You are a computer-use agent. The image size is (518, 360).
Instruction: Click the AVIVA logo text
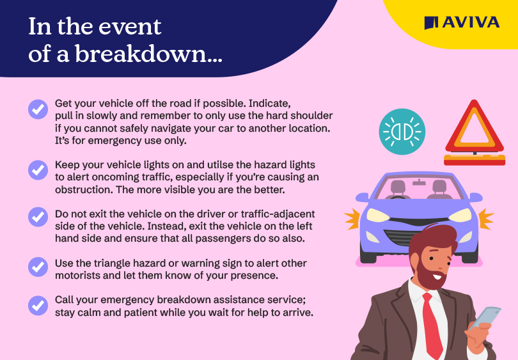click(x=471, y=22)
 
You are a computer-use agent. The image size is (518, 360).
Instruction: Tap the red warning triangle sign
click(x=475, y=132)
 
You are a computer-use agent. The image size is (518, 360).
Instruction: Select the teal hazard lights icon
click(x=402, y=132)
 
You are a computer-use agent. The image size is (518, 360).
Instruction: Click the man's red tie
click(x=432, y=325)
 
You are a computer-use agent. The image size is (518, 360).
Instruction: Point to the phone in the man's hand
click(x=485, y=317)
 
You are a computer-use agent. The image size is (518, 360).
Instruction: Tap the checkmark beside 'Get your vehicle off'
click(x=38, y=109)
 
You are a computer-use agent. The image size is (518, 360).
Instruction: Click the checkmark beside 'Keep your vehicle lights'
click(x=38, y=170)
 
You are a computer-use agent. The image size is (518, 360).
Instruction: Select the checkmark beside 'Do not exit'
click(x=38, y=217)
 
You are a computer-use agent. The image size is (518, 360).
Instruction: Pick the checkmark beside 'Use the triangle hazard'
click(x=38, y=267)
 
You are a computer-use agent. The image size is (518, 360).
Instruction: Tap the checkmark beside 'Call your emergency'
click(x=38, y=306)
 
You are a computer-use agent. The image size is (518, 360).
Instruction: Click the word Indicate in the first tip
click(x=270, y=104)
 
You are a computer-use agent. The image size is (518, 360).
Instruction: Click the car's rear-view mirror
click(x=419, y=182)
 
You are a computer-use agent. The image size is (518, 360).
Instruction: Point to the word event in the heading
click(x=130, y=27)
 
